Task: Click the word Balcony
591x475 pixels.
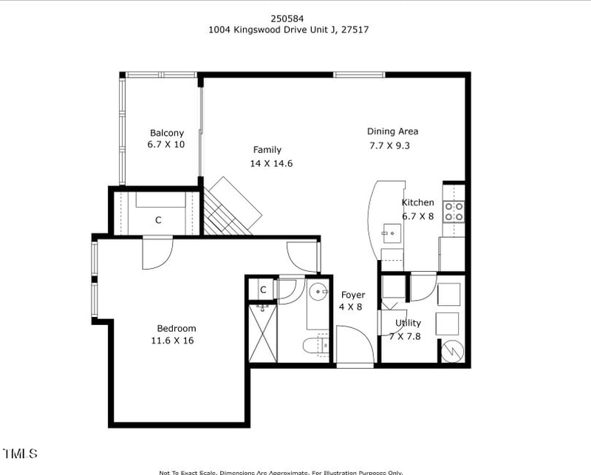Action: (x=166, y=133)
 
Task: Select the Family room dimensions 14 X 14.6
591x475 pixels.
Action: (x=271, y=163)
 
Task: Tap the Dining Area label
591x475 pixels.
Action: (x=392, y=131)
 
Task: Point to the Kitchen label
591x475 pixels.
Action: (x=417, y=202)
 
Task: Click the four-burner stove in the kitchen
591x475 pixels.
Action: (x=454, y=212)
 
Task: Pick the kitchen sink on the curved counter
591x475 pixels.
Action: (x=392, y=235)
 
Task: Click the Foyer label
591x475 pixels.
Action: (x=352, y=295)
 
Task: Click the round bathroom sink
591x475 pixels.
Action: (x=318, y=292)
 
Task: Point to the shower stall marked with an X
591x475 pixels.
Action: (x=262, y=332)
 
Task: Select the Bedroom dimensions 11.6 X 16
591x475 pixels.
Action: (x=173, y=341)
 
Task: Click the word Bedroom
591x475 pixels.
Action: (x=177, y=329)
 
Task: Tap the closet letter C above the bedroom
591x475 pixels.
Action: (x=158, y=219)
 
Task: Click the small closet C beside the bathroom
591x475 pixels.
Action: (x=262, y=289)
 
